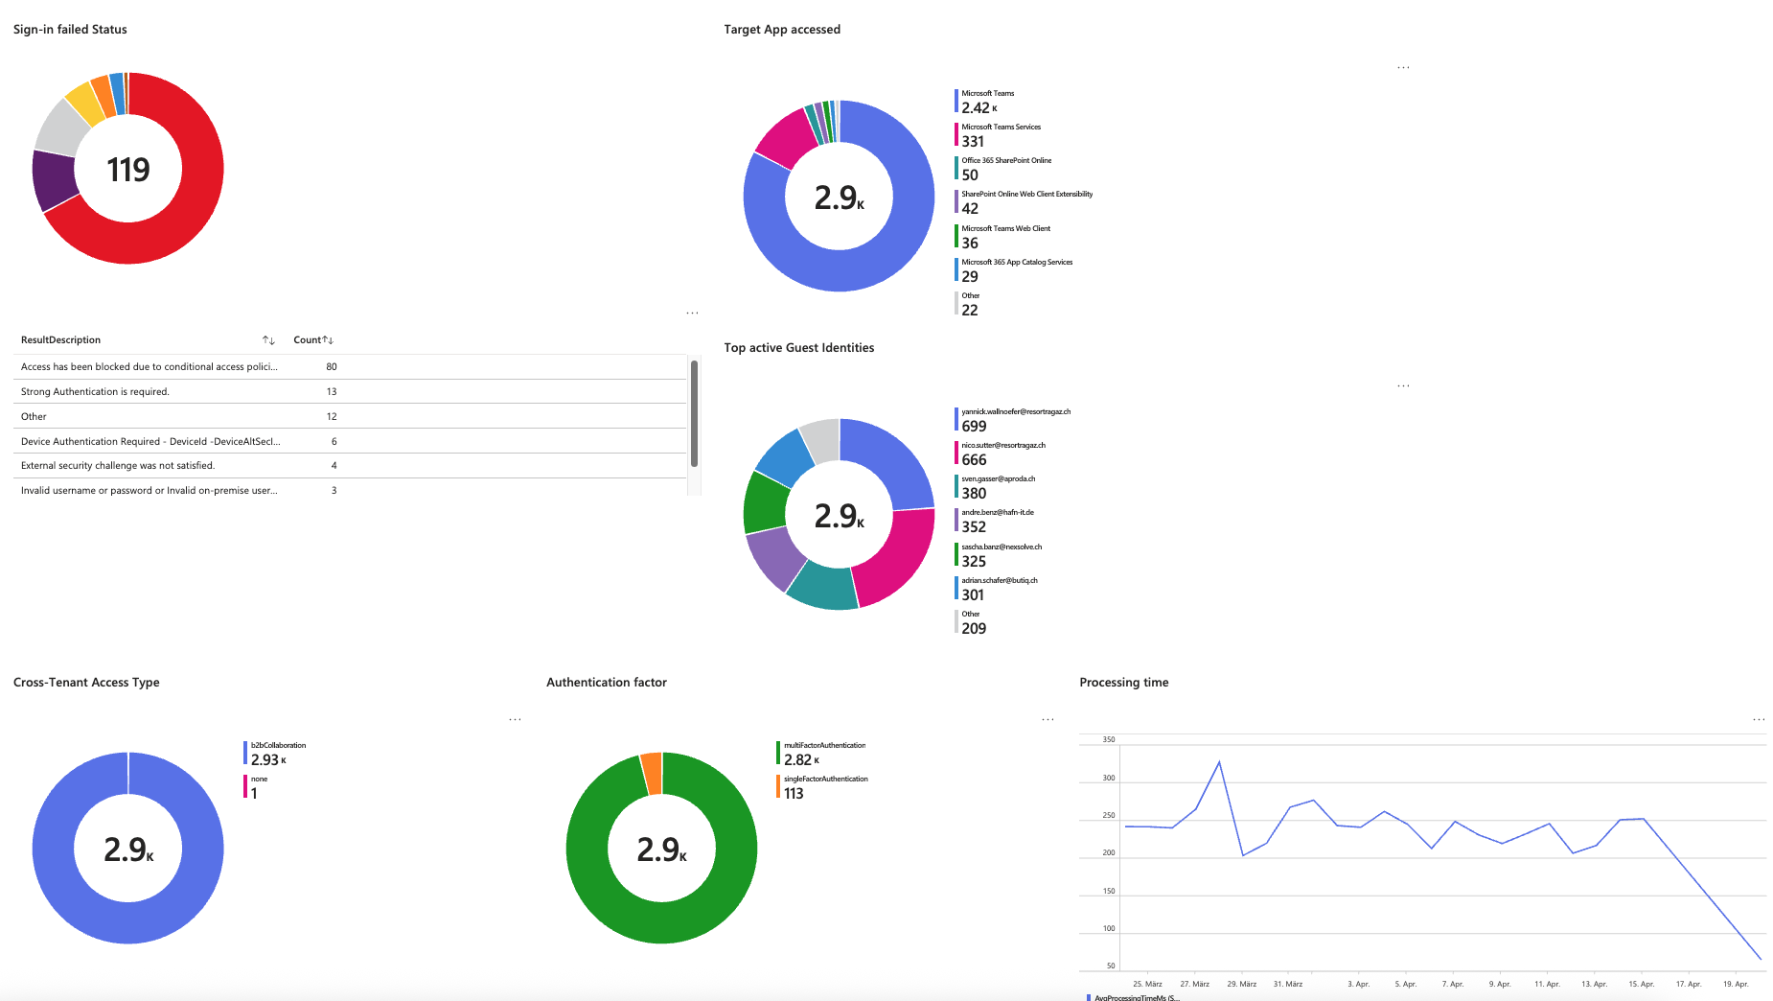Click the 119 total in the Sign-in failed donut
click(x=128, y=170)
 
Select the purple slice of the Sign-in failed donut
click(x=55, y=180)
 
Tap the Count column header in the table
click(x=307, y=340)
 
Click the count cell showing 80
click(x=332, y=367)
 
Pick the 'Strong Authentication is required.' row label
click(x=95, y=392)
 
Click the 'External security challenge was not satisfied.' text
click(x=118, y=466)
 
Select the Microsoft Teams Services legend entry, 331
click(x=1000, y=134)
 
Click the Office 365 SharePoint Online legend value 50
click(x=970, y=175)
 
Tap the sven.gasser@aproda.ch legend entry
click(x=998, y=486)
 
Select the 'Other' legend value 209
click(x=974, y=629)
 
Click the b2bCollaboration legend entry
click(x=277, y=753)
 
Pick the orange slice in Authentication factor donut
click(x=652, y=774)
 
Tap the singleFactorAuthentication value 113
click(x=794, y=794)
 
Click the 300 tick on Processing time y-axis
click(x=1109, y=779)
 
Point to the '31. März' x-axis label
click(x=1287, y=984)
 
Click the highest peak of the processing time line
click(x=1219, y=762)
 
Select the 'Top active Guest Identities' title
click(x=798, y=348)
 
